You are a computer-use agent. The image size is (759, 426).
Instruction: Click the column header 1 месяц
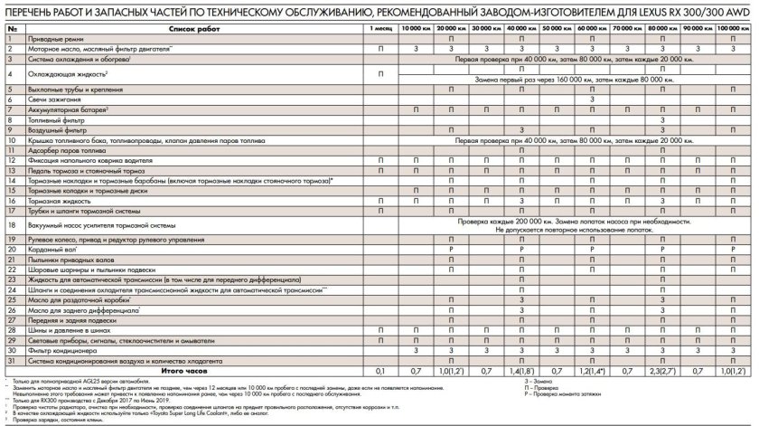pos(379,30)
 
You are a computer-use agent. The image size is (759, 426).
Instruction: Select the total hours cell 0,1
pos(379,370)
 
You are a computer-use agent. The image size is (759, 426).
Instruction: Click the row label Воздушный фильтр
pos(61,129)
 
